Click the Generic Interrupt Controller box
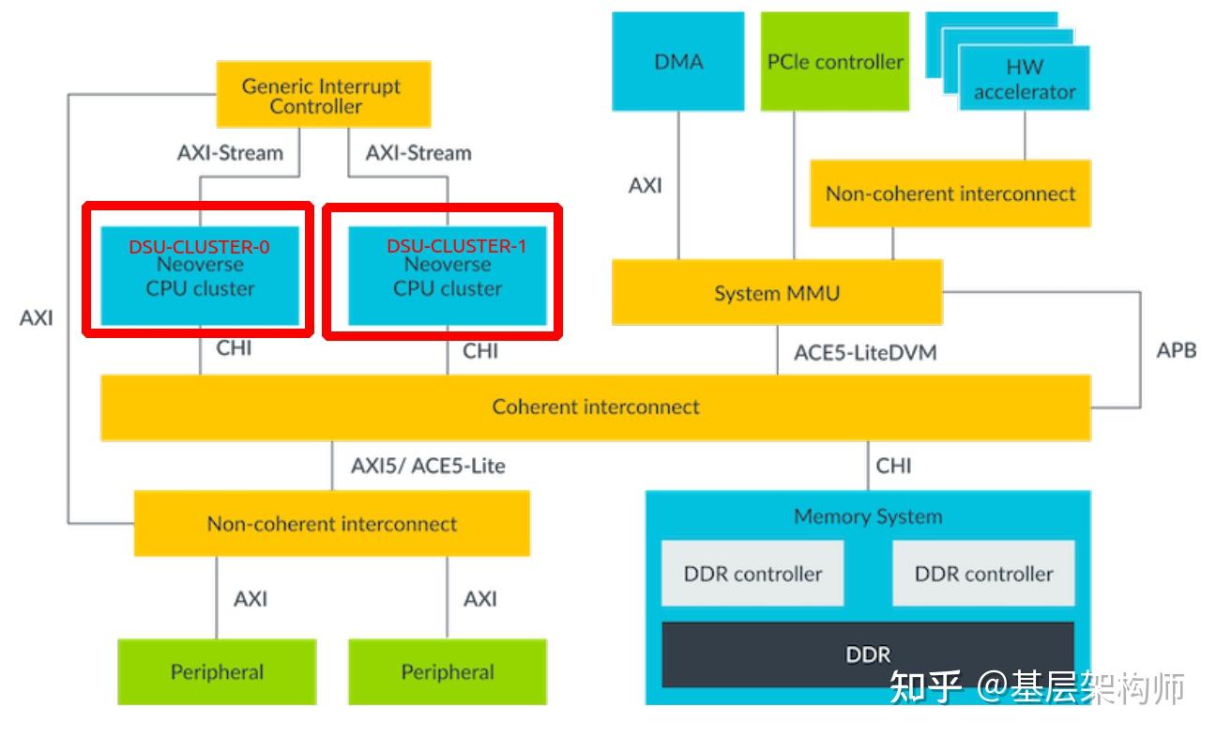click(323, 95)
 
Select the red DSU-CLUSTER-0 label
click(199, 247)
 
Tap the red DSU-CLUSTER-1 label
click(456, 247)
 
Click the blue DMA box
click(678, 62)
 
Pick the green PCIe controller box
click(834, 62)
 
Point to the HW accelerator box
click(1024, 81)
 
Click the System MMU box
click(776, 293)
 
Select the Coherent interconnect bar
click(595, 407)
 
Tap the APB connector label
click(1176, 351)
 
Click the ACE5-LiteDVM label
click(865, 353)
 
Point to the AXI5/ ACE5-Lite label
click(428, 466)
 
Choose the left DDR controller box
click(752, 574)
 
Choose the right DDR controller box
click(983, 574)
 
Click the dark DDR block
click(867, 654)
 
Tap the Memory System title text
click(867, 516)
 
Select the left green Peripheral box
click(217, 672)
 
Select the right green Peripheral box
click(448, 672)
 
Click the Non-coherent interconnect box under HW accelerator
click(950, 193)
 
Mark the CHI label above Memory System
click(893, 466)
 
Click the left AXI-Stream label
click(230, 153)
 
